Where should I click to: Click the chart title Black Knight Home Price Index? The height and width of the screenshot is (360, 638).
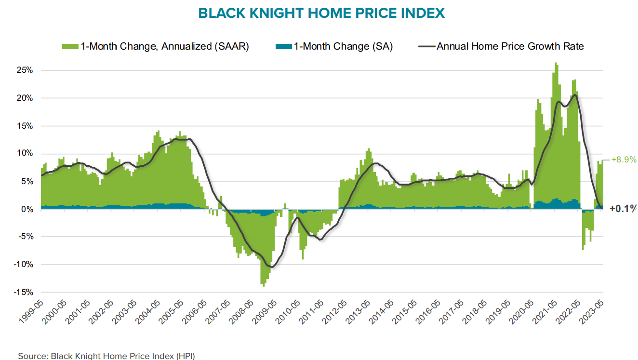coord(321,13)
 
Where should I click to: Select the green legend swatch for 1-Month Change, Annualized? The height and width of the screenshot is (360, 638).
coord(70,46)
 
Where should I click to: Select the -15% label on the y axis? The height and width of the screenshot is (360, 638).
coord(23,292)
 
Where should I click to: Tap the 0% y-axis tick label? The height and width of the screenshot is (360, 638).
coord(27,209)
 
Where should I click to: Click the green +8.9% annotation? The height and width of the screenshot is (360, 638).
coord(624,160)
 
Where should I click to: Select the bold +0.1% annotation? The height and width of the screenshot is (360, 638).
coord(623,209)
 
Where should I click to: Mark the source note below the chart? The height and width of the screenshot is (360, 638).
coord(106,356)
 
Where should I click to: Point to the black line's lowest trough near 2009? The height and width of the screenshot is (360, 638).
coord(272,267)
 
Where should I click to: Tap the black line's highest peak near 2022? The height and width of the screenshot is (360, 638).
coord(574,95)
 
